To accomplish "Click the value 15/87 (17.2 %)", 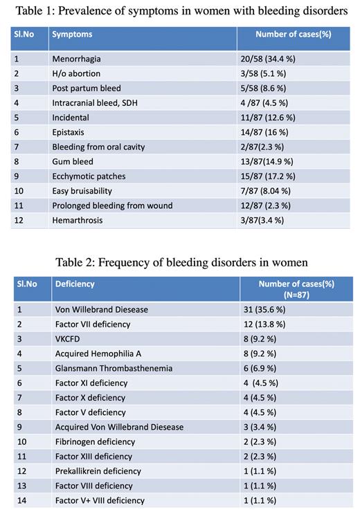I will (x=269, y=176).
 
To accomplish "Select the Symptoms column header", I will (x=72, y=35).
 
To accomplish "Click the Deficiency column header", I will (x=75, y=284).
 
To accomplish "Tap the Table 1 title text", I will (x=180, y=10).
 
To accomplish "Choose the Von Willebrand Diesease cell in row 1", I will (x=102, y=309).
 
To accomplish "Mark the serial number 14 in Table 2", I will (x=22, y=500).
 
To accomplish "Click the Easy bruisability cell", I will (x=82, y=190).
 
